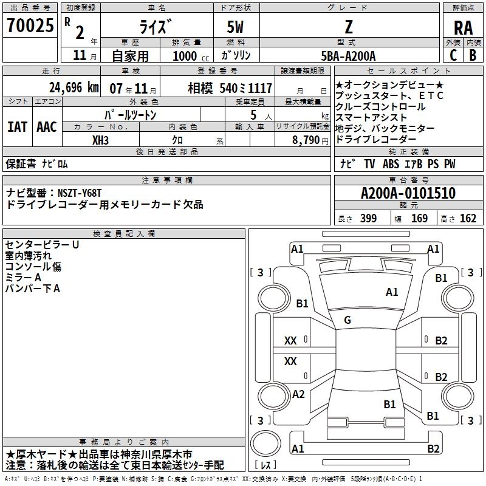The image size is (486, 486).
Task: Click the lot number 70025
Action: tap(30, 26)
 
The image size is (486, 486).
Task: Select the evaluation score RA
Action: tap(463, 28)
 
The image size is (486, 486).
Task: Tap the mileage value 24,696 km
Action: tap(74, 87)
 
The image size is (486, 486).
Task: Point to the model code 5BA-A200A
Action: tap(348, 56)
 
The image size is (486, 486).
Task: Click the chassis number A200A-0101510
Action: tap(408, 193)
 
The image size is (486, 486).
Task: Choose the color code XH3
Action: tap(100, 140)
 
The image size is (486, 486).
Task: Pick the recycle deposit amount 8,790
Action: tap(306, 140)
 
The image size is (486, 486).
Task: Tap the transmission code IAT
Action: tap(17, 127)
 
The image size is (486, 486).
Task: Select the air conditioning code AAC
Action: tap(47, 127)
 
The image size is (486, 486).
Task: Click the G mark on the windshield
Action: tap(347, 320)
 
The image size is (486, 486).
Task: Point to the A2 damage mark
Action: tap(298, 394)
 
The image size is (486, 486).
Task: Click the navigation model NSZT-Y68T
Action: tap(80, 193)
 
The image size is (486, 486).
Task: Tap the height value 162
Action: tap(468, 218)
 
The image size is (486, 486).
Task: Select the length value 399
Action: tap(369, 218)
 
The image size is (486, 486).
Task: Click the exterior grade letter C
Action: tap(453, 55)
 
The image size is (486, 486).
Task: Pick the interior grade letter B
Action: tap(473, 55)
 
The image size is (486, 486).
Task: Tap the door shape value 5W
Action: tap(235, 27)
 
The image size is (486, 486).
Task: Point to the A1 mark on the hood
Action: tap(392, 292)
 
